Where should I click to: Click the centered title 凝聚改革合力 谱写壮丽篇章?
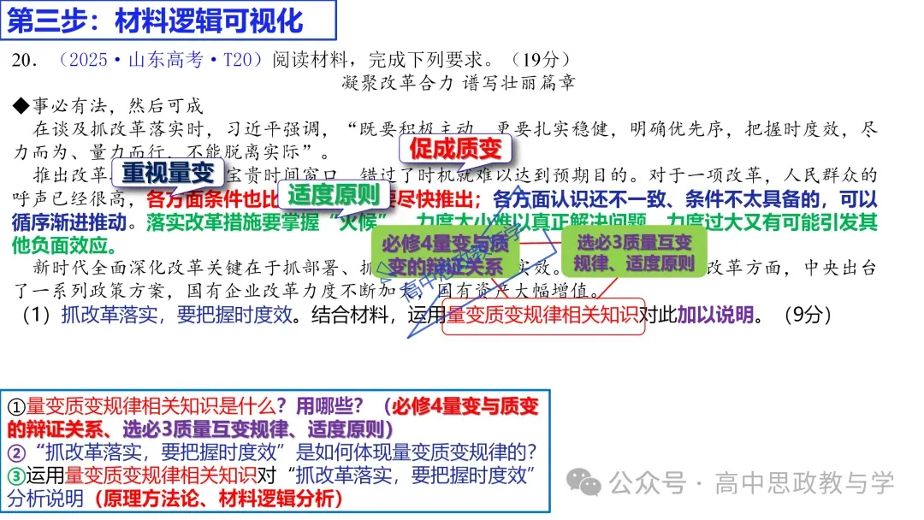pyautogui.click(x=458, y=82)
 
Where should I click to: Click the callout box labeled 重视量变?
pyautogui.click(x=168, y=173)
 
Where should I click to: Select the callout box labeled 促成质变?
pyautogui.click(x=455, y=149)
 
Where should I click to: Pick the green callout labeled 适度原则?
pyautogui.click(x=334, y=195)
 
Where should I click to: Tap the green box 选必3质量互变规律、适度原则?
pyautogui.click(x=634, y=252)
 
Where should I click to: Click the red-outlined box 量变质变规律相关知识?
pyautogui.click(x=542, y=314)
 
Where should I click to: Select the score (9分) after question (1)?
pyautogui.click(x=808, y=314)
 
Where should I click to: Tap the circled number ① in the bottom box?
pyautogui.click(x=16, y=406)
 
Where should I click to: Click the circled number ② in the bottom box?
pyautogui.click(x=16, y=452)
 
